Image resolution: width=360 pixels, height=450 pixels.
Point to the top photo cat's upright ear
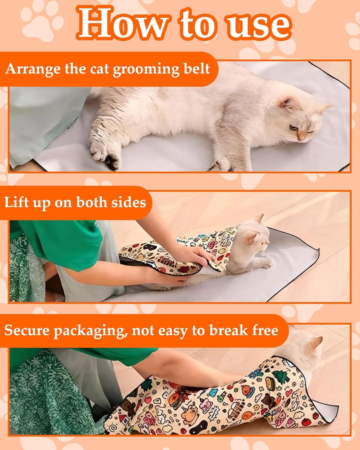289,104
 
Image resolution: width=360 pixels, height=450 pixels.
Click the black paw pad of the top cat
111,162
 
